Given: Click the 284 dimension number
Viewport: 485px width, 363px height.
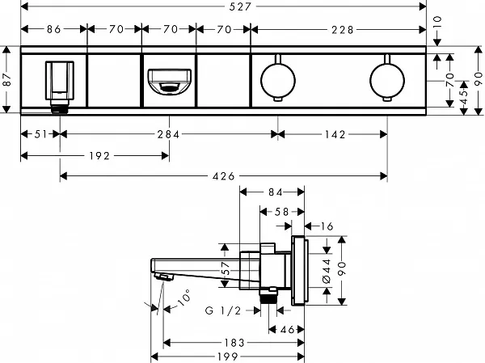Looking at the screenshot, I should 168,135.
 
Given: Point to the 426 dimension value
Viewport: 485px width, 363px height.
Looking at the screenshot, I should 223,175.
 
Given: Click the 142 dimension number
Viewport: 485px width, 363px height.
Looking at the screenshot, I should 335,135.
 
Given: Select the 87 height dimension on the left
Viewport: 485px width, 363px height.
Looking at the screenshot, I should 7,81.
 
